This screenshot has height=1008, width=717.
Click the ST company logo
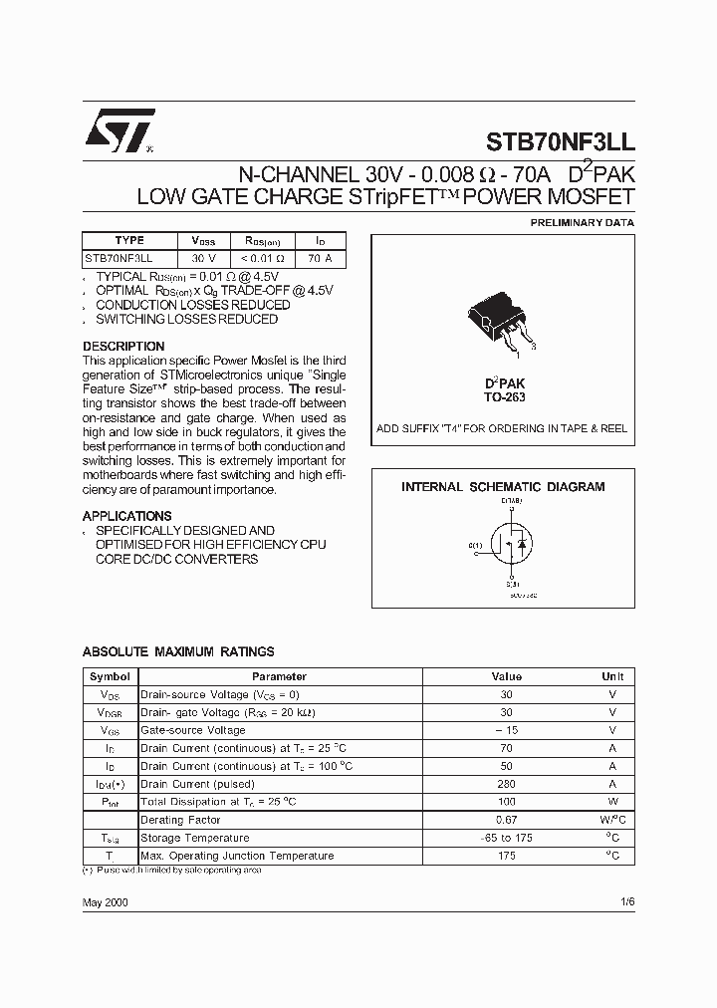point(117,131)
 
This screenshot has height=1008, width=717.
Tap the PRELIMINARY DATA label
point(582,223)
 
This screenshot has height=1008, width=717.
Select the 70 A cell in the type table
point(320,258)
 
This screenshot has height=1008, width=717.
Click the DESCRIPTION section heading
point(123,347)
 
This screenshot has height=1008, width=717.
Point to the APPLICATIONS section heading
point(126,516)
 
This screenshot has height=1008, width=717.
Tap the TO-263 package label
point(506,397)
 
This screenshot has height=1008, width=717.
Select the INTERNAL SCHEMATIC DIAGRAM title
point(503,487)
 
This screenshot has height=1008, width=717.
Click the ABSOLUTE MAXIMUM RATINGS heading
point(178,651)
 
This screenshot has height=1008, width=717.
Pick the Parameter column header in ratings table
point(279,676)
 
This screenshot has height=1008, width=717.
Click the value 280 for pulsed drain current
point(506,784)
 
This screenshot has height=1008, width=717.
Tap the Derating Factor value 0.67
point(506,820)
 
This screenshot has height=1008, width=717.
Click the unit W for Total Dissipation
point(612,802)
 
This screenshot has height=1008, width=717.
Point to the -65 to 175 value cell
point(506,838)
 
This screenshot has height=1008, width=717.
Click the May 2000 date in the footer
point(105,901)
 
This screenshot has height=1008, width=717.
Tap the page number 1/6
point(626,901)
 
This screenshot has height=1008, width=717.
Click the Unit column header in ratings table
point(612,676)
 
